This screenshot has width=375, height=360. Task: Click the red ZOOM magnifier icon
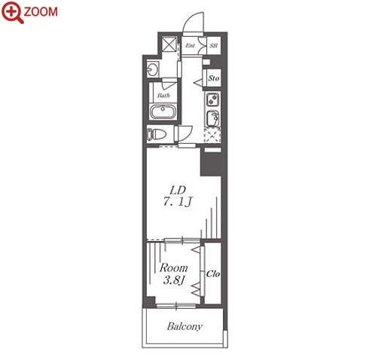coord(12,12)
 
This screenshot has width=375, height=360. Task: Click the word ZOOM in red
coord(41,12)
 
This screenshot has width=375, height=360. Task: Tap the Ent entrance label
coord(190,45)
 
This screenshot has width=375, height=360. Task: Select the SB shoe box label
coord(214,46)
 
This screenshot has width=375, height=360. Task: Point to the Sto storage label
coord(214,78)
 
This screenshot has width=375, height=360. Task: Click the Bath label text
coord(163,96)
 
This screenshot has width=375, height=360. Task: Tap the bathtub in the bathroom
coord(163,111)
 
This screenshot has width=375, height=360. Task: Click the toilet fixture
coord(157,135)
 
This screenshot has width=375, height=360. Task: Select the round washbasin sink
coord(152,69)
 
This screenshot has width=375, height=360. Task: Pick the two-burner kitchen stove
coord(213,99)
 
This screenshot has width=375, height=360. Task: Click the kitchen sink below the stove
coord(213,118)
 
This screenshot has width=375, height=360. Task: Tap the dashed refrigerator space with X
coord(212,136)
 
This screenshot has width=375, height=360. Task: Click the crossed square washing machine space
coord(169,44)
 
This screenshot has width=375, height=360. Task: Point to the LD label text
coord(178,191)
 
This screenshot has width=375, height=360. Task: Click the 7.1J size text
coord(178,202)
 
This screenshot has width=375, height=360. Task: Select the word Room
coord(174,268)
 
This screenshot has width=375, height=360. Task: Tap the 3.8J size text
coord(173,280)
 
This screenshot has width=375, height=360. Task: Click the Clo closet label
coord(213,274)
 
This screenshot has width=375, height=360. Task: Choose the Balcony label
coord(184,326)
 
